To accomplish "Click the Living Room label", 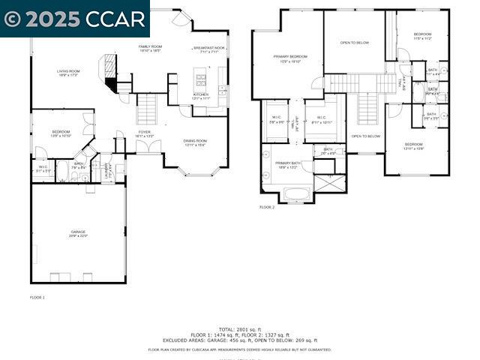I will pyautogui.click(x=67, y=73).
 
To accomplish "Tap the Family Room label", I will pyautogui.click(x=150, y=48).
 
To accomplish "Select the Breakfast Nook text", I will pyautogui.click(x=208, y=49).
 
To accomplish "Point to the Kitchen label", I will pyautogui.click(x=200, y=96).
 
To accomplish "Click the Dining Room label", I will pyautogui.click(x=195, y=142).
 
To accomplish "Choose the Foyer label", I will pyautogui.click(x=144, y=133).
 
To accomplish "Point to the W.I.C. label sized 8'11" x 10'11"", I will pyautogui.click(x=321, y=120).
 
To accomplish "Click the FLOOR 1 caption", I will pyautogui.click(x=37, y=298).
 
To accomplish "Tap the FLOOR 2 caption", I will pyautogui.click(x=267, y=207).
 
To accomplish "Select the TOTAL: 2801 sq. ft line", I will pyautogui.click(x=239, y=329).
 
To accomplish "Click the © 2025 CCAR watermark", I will pyautogui.click(x=74, y=18).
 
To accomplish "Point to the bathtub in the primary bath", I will pyautogui.click(x=297, y=193).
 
